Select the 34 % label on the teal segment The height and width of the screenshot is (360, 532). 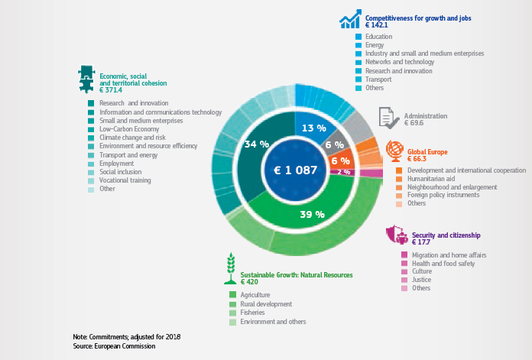[x=256, y=144]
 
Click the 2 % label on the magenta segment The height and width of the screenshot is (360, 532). [x=344, y=172]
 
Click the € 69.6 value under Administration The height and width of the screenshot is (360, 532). [x=416, y=123]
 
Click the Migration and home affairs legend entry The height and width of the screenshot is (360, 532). [x=448, y=255]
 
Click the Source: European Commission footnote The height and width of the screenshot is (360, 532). [x=109, y=346]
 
